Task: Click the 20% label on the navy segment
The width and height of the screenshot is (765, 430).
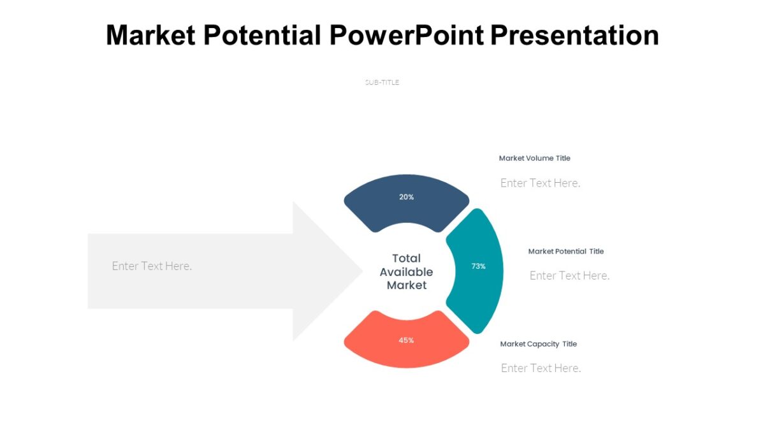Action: [x=407, y=197]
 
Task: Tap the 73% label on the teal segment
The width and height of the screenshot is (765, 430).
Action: [x=479, y=266]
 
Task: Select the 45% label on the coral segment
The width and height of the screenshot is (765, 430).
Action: [x=407, y=340]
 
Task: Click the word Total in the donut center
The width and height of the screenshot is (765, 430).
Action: [x=407, y=258]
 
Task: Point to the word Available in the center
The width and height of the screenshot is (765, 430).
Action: [x=407, y=272]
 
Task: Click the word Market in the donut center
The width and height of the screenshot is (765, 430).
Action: [x=407, y=285]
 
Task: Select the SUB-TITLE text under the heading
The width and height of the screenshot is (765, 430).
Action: [x=382, y=82]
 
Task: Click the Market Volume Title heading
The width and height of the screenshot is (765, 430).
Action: [x=534, y=158]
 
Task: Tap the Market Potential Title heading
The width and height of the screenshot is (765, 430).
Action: [x=565, y=251]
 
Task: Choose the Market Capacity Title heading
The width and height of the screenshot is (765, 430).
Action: [x=538, y=344]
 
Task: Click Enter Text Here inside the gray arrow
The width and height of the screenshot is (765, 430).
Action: [x=152, y=266]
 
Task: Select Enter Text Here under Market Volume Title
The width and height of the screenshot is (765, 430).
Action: [x=540, y=183]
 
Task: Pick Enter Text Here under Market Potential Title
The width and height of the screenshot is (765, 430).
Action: [x=569, y=275]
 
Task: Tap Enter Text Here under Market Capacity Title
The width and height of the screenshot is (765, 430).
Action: [x=541, y=368]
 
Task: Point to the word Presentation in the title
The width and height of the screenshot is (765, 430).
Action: [x=574, y=35]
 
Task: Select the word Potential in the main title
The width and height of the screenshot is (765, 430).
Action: [x=263, y=35]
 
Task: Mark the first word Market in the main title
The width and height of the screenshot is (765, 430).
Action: [x=151, y=35]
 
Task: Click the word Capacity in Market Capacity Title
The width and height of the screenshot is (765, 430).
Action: [x=544, y=344]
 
